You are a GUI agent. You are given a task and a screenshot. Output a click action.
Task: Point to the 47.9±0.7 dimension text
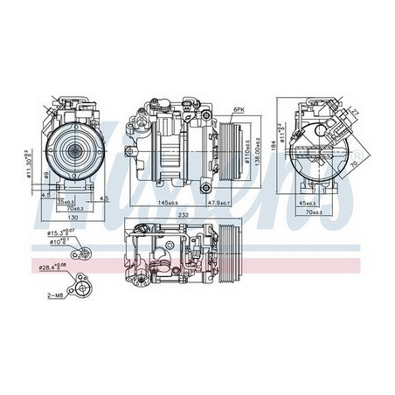pyautogui.click(x=218, y=204)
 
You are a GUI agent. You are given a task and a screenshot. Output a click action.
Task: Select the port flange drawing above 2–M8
pyautogui.click(x=84, y=283)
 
